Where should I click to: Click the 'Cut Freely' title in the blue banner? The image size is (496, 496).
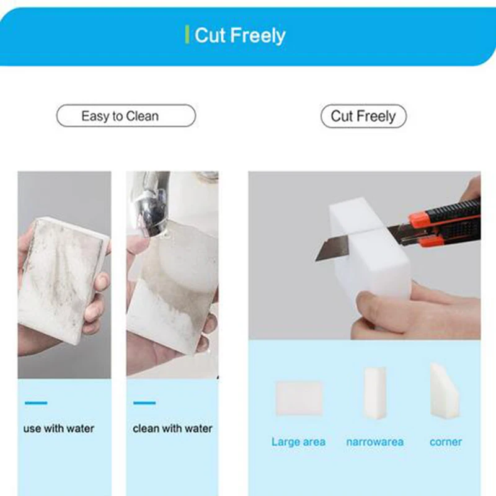pos(240,35)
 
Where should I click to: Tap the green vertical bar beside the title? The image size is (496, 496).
pos(187,35)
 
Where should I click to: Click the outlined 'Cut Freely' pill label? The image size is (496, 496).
pos(363,116)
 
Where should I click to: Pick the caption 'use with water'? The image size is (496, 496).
pos(59,428)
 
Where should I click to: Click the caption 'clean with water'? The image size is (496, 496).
pos(172,428)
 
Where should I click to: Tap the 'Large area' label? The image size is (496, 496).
pos(298,442)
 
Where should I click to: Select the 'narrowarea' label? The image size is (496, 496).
pos(374,442)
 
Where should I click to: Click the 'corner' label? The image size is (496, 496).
pos(446,442)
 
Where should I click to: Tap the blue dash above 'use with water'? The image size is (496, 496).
pos(36,403)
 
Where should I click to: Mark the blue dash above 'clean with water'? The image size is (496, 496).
pos(144,403)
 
